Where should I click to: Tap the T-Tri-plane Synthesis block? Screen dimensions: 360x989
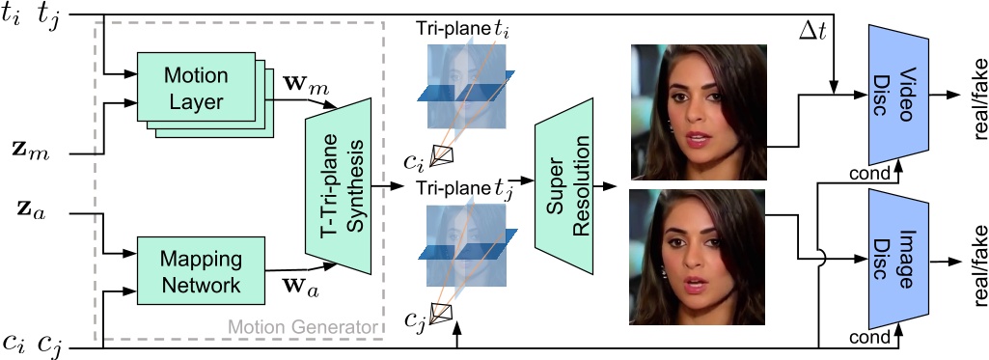[338, 185]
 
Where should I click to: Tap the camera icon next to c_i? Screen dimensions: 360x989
[442, 155]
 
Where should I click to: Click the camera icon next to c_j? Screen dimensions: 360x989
[442, 311]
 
